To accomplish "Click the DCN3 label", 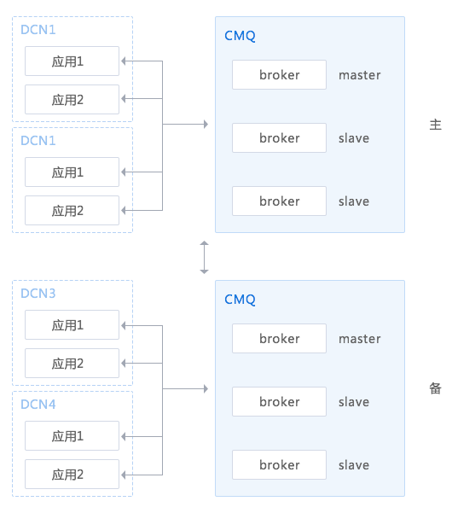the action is [x=38, y=294].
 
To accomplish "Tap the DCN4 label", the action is [x=38, y=405].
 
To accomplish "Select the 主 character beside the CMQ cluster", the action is [x=435, y=125].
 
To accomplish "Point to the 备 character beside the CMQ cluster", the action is [x=435, y=388].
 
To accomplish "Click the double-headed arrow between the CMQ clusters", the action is [x=204, y=258].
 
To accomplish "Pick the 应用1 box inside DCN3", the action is [x=72, y=325].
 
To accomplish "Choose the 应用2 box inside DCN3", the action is [x=72, y=363].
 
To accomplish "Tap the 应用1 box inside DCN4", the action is [x=72, y=436].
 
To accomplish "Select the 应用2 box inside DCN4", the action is [x=72, y=474].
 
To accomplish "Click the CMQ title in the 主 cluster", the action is [x=240, y=36].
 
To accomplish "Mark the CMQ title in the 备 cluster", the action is [x=240, y=300].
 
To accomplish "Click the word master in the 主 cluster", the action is [x=360, y=75].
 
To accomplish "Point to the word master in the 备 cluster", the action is [x=360, y=339].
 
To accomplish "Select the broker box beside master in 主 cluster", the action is [x=279, y=75].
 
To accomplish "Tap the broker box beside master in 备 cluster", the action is [x=279, y=339].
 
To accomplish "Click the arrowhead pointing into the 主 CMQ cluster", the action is [x=206, y=124].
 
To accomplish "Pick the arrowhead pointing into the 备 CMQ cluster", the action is [x=206, y=388].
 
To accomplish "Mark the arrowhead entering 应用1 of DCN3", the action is [x=124, y=325].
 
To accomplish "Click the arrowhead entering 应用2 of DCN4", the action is [x=124, y=475].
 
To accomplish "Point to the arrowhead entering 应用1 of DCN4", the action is [x=124, y=436].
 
